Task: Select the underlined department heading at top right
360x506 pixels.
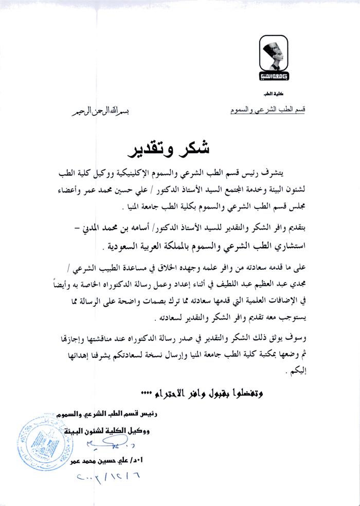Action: point(266,110)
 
